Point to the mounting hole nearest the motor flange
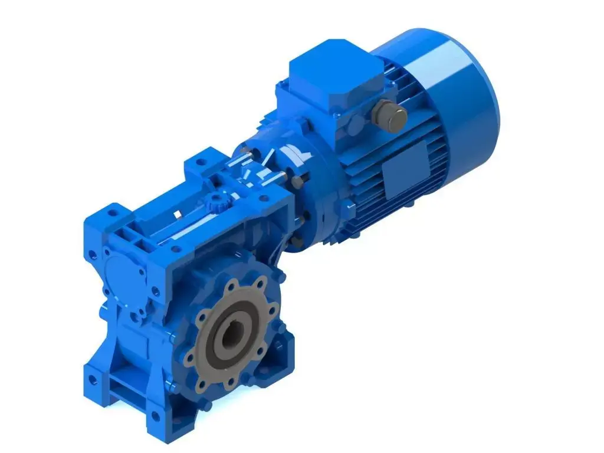pos(200,160)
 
